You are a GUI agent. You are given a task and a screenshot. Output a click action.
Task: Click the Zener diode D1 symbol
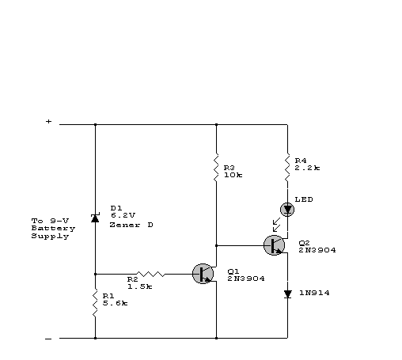[x=95, y=218]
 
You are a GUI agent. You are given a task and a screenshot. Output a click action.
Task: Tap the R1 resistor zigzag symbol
[x=95, y=303]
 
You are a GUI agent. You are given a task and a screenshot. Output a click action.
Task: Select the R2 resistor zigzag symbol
[x=150, y=274]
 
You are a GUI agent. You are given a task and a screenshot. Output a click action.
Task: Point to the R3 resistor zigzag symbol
[x=216, y=168]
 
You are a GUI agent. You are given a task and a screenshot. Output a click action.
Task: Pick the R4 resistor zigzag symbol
[x=287, y=168]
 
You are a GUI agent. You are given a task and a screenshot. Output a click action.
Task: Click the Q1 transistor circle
[x=203, y=274]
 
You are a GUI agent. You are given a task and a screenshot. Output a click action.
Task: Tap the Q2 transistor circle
[x=274, y=245]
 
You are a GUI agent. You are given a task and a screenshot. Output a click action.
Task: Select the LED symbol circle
[x=287, y=210]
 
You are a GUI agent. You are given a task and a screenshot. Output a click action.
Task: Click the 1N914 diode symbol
[x=287, y=294]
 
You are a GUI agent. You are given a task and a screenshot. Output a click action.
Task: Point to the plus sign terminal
[x=48, y=121]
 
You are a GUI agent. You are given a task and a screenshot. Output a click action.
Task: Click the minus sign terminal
[x=48, y=339]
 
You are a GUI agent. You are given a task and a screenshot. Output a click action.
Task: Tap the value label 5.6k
[x=115, y=303]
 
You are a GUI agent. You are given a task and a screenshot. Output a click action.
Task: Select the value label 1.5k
[x=140, y=286]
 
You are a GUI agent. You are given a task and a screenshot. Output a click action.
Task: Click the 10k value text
[x=233, y=175]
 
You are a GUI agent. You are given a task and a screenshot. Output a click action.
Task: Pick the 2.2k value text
[x=307, y=168]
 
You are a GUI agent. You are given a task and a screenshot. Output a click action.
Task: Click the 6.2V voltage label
[x=123, y=215]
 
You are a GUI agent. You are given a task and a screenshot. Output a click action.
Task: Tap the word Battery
[x=53, y=229]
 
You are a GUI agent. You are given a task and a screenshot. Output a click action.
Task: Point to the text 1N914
[x=314, y=293]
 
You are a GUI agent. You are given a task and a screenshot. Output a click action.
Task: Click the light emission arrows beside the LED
[x=276, y=225]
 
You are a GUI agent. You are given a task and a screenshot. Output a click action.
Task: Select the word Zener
[x=125, y=225]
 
